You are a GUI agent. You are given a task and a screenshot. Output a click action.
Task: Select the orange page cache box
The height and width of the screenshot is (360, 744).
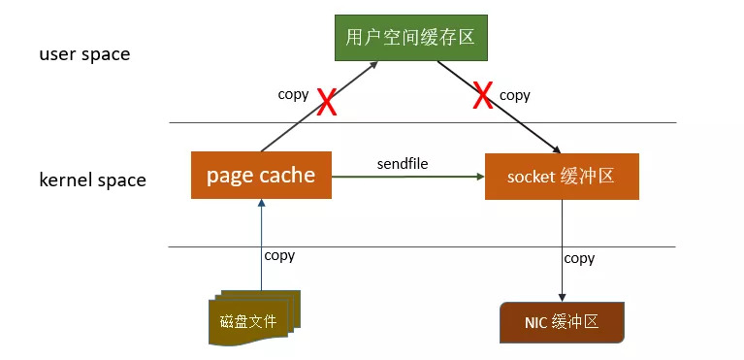click(x=261, y=176)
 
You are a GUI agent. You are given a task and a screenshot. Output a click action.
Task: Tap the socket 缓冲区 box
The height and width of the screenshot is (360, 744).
click(x=562, y=176)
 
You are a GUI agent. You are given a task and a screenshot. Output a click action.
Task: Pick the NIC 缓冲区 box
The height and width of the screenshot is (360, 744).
click(x=562, y=323)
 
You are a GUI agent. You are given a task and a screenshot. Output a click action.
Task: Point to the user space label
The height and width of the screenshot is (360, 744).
click(x=84, y=54)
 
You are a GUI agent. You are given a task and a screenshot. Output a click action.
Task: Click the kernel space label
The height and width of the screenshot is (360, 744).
click(x=92, y=180)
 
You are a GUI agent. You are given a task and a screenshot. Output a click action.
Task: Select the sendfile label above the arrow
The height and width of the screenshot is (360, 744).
click(x=402, y=163)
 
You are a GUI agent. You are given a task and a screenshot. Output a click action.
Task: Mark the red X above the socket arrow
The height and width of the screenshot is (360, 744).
click(x=482, y=96)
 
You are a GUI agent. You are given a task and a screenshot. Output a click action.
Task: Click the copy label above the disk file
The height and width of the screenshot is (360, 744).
click(x=279, y=255)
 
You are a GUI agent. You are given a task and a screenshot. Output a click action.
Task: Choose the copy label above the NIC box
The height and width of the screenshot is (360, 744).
click(x=579, y=258)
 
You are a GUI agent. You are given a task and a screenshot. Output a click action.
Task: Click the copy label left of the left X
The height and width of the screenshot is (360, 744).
click(x=293, y=94)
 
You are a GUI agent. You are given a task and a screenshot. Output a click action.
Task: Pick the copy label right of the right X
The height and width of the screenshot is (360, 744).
click(x=514, y=95)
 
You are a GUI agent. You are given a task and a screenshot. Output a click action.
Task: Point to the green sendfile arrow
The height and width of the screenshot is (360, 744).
click(x=407, y=177)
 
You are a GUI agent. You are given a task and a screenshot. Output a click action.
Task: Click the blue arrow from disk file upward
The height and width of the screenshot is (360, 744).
click(x=261, y=243)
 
